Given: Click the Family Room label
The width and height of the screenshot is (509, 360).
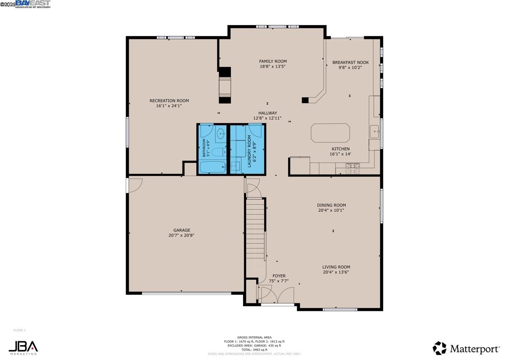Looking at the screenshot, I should coord(273,61).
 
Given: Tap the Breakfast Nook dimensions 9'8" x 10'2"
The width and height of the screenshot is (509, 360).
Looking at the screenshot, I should coord(350,67).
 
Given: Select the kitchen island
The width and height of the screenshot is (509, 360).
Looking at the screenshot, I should coord(330,133).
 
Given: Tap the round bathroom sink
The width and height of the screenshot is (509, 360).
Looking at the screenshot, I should coord(221,135).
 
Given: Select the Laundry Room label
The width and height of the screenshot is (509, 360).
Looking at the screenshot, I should coord(249,151).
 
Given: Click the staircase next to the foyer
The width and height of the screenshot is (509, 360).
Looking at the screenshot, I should coord(256,230).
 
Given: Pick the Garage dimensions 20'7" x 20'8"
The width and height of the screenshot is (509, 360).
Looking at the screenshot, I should coord(181,236).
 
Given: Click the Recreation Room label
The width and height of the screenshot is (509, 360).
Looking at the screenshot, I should coord(169,101).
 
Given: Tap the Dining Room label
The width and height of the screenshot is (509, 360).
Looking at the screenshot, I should coord(331,205).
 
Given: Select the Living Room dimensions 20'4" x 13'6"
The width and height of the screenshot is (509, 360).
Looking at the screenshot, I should coord(336,273).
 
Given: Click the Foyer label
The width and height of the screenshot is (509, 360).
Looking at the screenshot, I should coord(279,276).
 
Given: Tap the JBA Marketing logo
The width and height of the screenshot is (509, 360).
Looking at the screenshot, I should coord(23,347).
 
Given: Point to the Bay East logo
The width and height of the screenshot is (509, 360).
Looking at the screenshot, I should coord(33,4).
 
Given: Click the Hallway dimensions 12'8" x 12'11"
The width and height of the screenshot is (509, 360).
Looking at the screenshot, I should coord(267,118).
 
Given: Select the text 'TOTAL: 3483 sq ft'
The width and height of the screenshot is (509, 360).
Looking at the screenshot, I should coord(254,349).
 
